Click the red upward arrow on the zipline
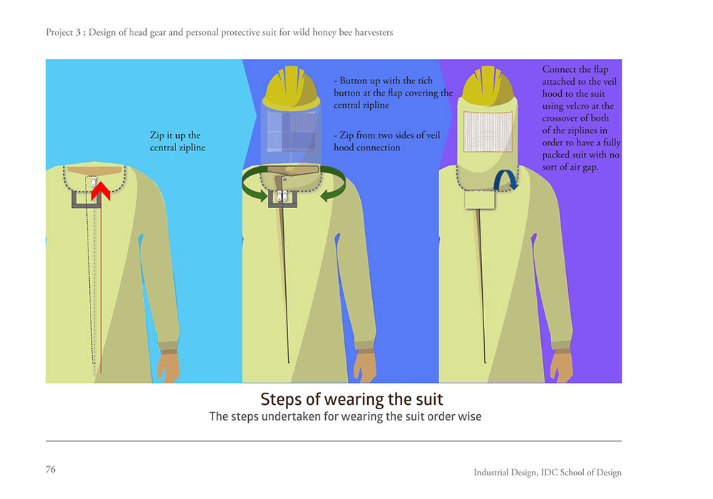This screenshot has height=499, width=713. [101, 273]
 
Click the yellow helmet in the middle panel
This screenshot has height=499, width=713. [292, 88]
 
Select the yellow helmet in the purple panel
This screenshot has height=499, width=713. [488, 86]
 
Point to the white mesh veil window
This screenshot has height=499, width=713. [488, 131]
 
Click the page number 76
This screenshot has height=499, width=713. [51, 470]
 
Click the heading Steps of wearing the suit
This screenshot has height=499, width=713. [352, 399]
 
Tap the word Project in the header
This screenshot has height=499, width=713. [60, 33]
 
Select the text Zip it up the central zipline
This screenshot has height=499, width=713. [178, 141]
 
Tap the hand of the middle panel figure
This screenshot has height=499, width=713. [364, 366]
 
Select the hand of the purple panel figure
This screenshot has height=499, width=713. [561, 366]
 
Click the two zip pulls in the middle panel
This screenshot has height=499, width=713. [282, 196]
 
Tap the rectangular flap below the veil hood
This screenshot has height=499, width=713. [480, 200]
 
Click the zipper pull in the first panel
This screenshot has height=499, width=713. [93, 182]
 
